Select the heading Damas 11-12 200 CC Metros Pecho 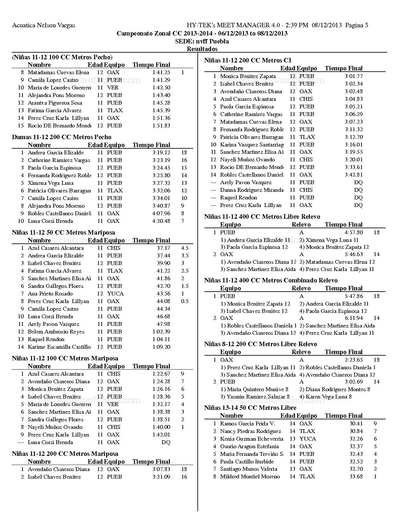62,137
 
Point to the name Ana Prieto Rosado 50,294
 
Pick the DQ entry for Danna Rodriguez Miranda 358,190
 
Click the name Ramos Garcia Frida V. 247,423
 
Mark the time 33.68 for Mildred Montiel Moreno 356,476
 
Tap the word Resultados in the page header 202,49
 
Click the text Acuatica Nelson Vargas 44,25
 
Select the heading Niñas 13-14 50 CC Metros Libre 250,408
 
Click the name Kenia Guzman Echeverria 252,439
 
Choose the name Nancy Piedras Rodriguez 250,431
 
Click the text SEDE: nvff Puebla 202,41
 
